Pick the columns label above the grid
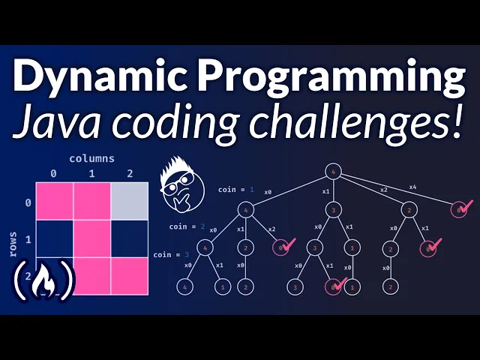point(91,159)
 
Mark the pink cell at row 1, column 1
point(91,238)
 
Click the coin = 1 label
point(237,190)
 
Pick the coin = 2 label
point(187,226)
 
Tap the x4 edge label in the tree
point(413,187)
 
